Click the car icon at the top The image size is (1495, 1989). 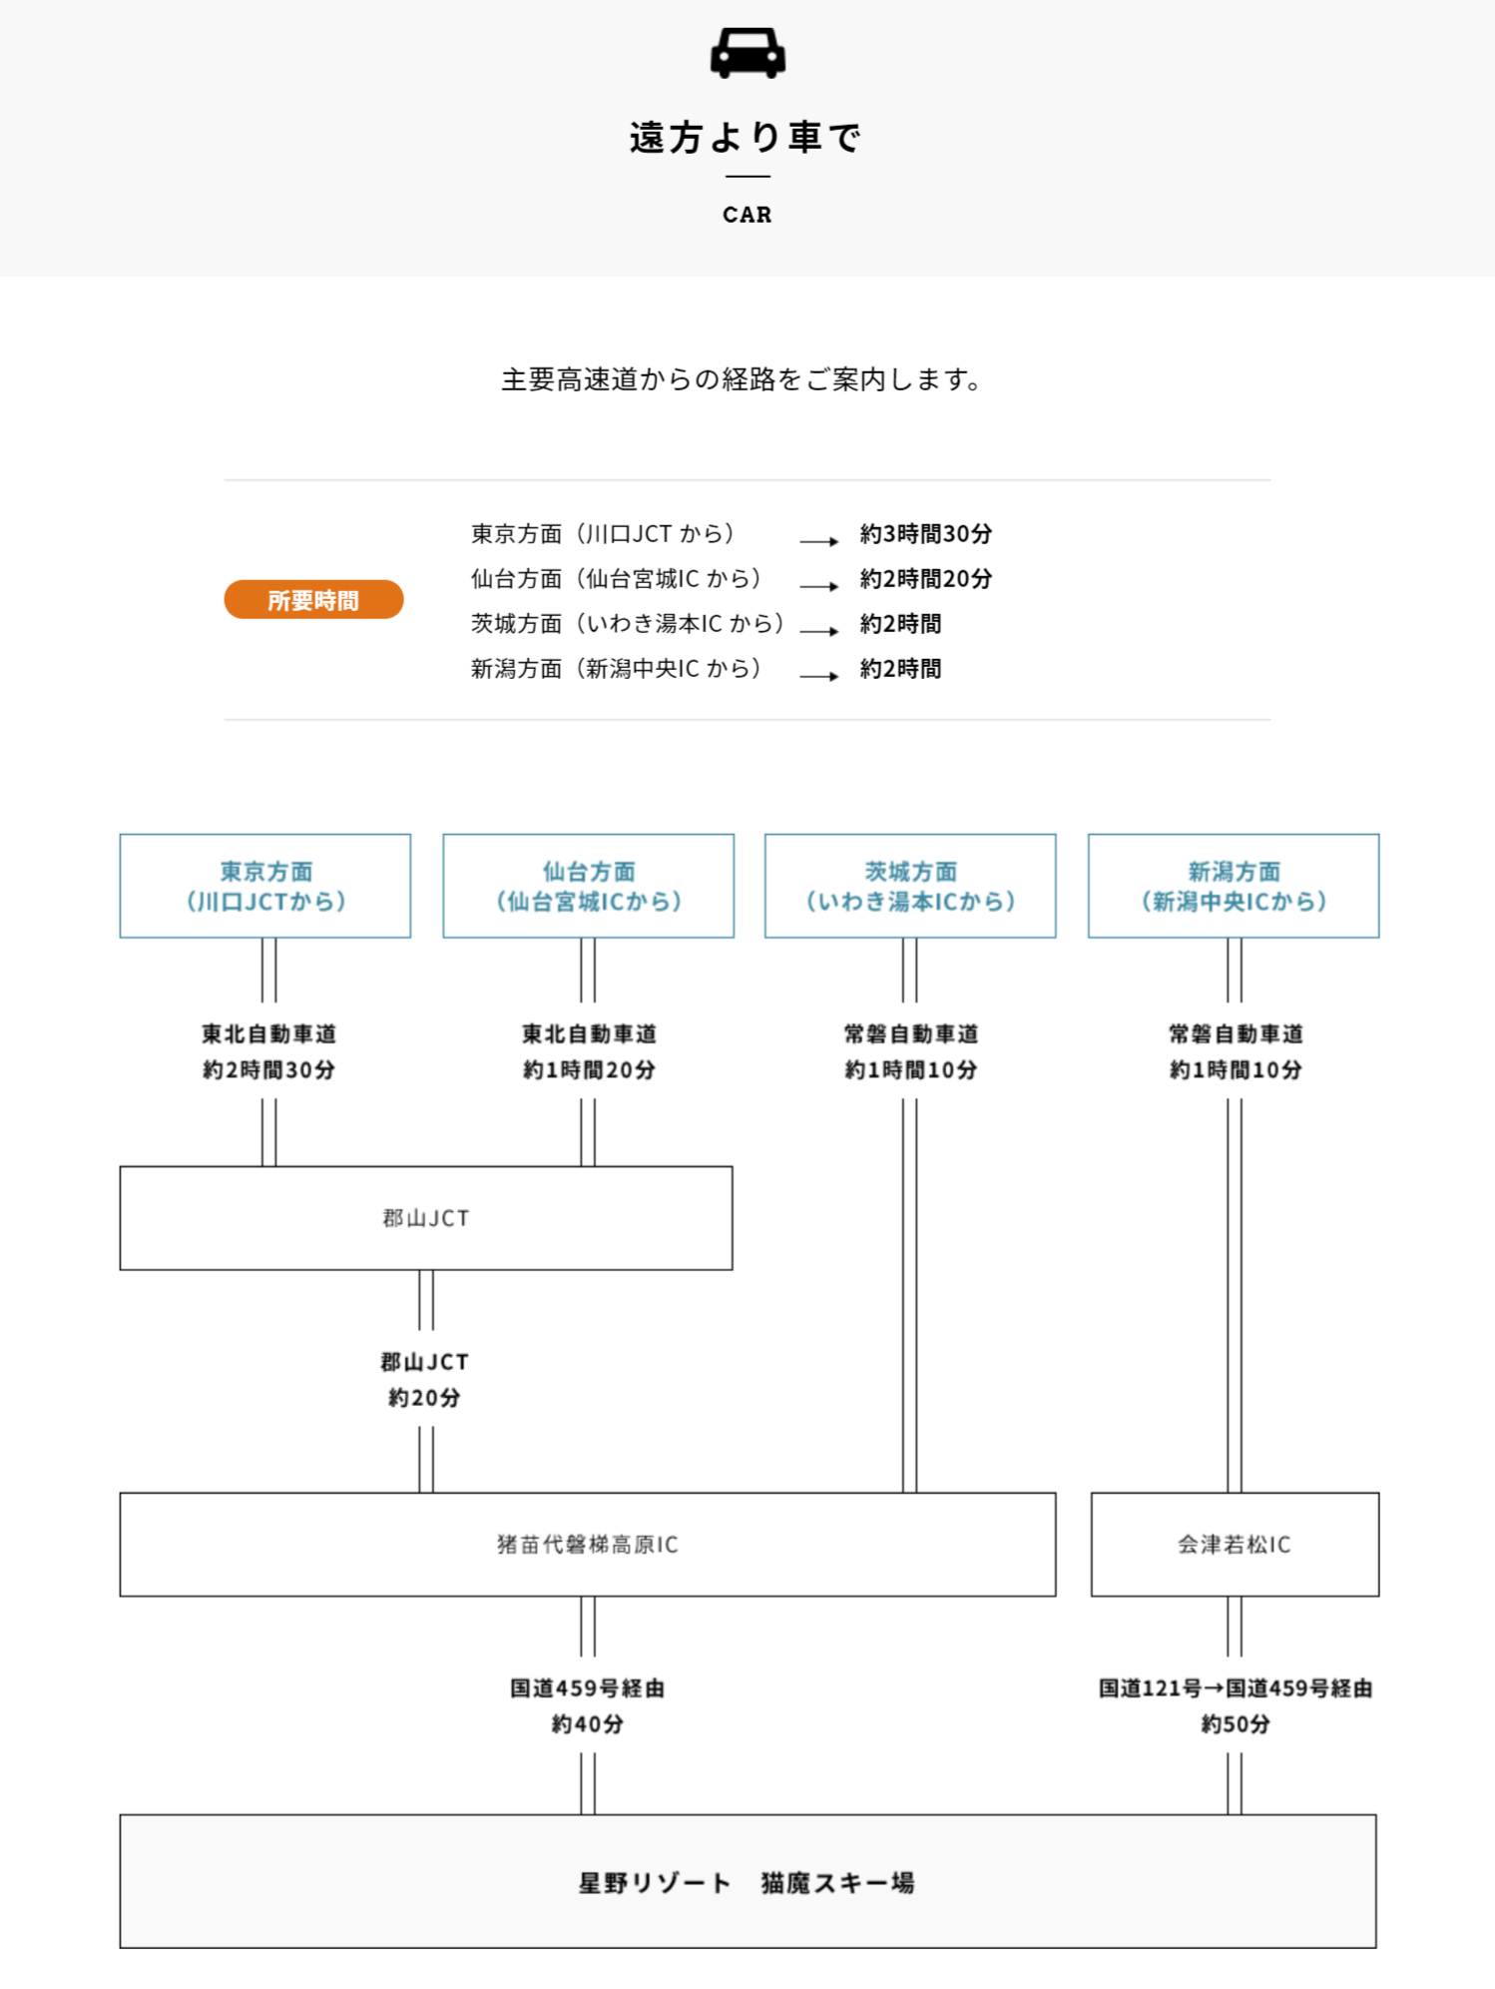747,52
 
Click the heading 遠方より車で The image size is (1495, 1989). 747,137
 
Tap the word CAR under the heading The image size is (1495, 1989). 747,215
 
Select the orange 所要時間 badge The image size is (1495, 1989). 313,599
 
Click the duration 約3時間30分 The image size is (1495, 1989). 926,534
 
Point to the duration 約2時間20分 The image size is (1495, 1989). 926,579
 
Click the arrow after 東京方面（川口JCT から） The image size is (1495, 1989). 819,541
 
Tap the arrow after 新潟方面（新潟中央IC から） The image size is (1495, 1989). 819,676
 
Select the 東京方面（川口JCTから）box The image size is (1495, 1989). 265,886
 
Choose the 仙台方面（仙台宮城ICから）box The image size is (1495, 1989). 589,886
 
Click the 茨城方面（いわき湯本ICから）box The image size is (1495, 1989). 910,886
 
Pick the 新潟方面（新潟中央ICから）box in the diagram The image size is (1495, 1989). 1234,886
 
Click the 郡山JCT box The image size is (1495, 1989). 426,1218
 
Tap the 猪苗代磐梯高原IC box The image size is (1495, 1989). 588,1545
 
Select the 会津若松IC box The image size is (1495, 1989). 1236,1545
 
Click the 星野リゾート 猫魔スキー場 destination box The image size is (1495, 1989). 747,1881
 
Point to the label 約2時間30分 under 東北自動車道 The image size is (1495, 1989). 268,1070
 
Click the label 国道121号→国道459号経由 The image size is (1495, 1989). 1236,1688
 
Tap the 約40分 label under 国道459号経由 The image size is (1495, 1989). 588,1724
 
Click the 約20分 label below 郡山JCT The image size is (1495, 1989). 425,1398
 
